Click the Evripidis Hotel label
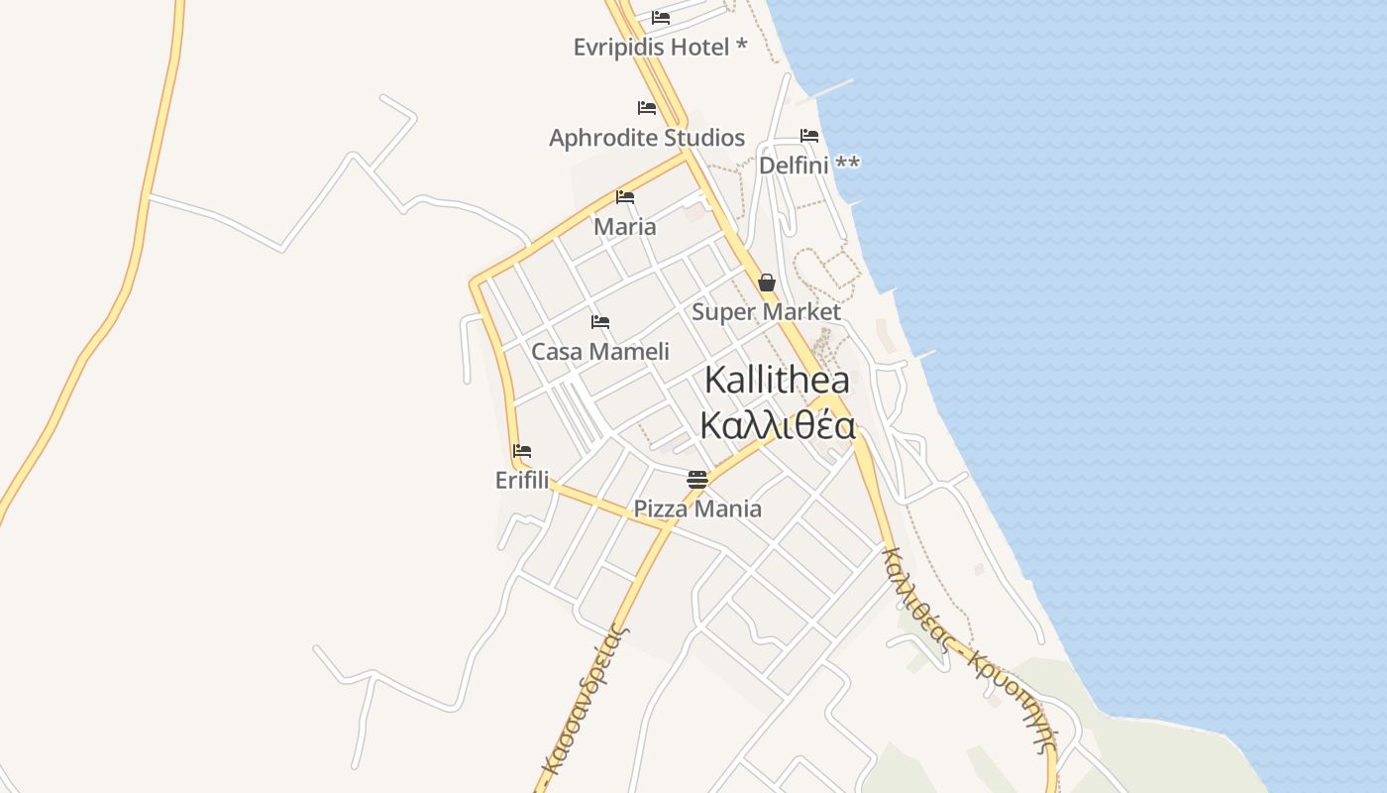[660, 47]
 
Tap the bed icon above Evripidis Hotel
[661, 18]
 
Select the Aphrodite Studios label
[647, 137]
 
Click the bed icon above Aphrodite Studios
[647, 108]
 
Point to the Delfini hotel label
[808, 165]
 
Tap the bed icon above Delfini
[809, 136]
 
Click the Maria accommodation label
[624, 226]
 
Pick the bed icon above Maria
[625, 197]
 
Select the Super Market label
[766, 311]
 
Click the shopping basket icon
[766, 283]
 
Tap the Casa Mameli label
[600, 351]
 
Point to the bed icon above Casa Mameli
[600, 322]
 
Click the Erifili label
[522, 480]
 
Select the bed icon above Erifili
[522, 451]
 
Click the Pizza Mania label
[697, 509]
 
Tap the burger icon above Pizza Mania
[697, 480]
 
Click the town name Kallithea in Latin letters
[777, 380]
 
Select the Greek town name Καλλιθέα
[778, 425]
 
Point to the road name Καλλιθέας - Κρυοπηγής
[966, 649]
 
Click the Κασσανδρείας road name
[585, 704]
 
